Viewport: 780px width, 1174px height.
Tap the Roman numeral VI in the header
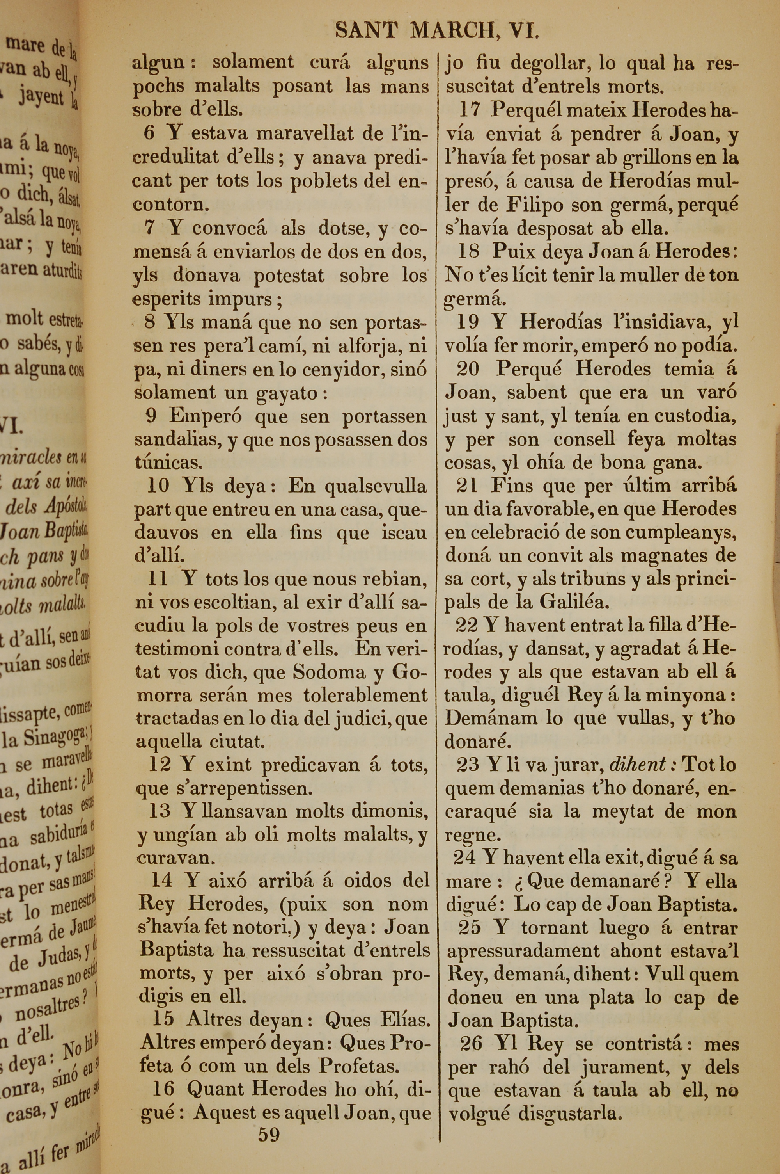tap(525, 31)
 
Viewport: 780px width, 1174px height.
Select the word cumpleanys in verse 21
tap(681, 532)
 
